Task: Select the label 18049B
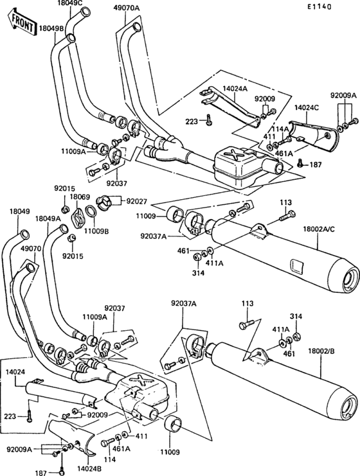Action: coord(51,29)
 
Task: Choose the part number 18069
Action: coord(80,197)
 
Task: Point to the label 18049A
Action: coord(48,218)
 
